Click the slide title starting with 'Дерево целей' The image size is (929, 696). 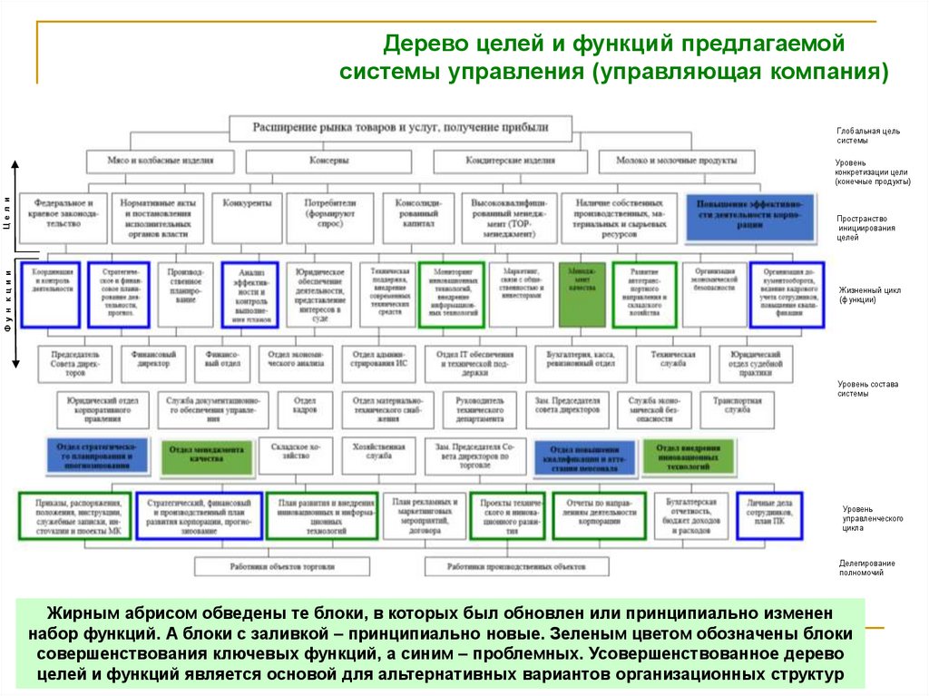[x=613, y=57]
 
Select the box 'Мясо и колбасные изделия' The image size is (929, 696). [x=160, y=160]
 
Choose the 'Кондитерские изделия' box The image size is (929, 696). [x=510, y=160]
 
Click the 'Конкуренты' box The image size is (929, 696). [x=247, y=203]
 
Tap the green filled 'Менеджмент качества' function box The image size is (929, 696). [x=582, y=294]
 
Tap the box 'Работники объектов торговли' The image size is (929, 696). [x=282, y=565]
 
